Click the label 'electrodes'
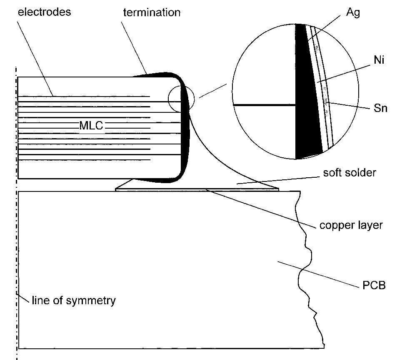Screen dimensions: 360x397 [44, 12]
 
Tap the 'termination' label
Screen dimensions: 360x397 [152, 12]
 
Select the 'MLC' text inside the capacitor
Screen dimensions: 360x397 [91, 125]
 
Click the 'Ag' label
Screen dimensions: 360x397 [353, 12]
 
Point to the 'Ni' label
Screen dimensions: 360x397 [379, 60]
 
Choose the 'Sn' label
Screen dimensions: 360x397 [380, 109]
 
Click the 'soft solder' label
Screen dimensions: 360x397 [350, 172]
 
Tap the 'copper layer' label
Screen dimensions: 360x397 [351, 225]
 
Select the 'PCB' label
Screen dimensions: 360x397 [371, 286]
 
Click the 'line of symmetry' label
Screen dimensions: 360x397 [73, 300]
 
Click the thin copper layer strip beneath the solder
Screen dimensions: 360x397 [167, 190]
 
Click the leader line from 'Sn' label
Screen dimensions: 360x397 [350, 105]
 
